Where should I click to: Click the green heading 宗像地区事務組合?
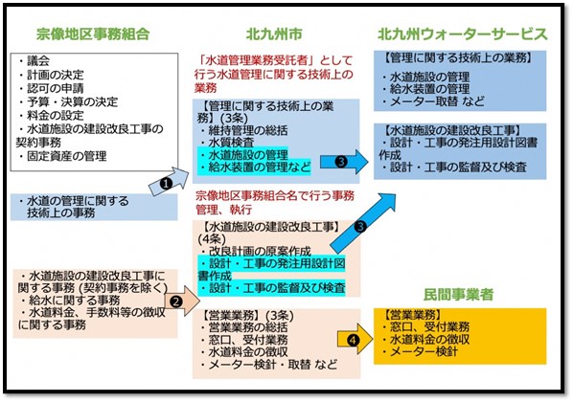coord(93,33)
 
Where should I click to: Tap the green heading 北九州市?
coord(274,33)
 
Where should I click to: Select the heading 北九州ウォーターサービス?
coord(463,33)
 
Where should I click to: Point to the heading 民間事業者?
coord(458,294)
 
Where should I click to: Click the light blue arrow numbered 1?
coord(169,182)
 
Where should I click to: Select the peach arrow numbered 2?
coord(182,301)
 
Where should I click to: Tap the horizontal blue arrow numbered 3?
coord(344,162)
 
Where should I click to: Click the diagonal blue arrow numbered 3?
coord(363,223)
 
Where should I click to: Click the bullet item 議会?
coord(34,61)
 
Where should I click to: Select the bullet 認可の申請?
coord(51,88)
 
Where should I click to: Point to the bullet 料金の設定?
coord(51,116)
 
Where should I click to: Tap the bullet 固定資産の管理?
coord(62,156)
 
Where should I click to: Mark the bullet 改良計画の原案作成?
coord(256,251)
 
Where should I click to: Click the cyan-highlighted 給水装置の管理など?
coord(255,167)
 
